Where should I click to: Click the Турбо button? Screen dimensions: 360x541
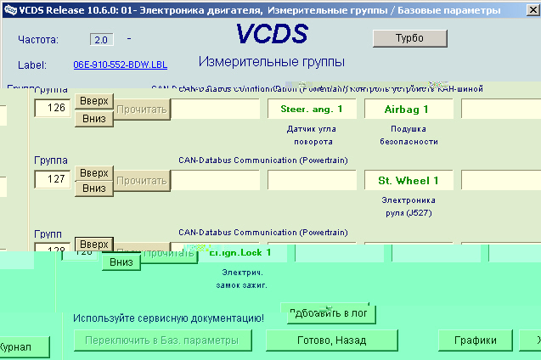pyautogui.click(x=409, y=38)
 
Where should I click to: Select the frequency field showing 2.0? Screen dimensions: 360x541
pyautogui.click(x=101, y=40)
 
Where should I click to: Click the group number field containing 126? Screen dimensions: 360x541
pyautogui.click(x=51, y=109)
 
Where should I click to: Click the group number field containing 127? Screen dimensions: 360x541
pyautogui.click(x=51, y=179)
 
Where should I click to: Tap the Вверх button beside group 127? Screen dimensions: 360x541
pyautogui.click(x=94, y=173)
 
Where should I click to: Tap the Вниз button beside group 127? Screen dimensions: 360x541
pyautogui.click(x=94, y=188)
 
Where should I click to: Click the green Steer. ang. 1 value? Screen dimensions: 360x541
pyautogui.click(x=312, y=109)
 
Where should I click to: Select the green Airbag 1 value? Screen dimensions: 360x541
pyautogui.click(x=409, y=109)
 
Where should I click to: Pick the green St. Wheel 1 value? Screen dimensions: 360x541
pyautogui.click(x=409, y=180)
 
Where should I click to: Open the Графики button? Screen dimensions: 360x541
pyautogui.click(x=474, y=340)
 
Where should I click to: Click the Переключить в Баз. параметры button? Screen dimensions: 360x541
pyautogui.click(x=161, y=340)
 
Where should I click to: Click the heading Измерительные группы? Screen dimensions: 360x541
pyautogui.click(x=272, y=62)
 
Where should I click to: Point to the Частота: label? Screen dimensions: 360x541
pyautogui.click(x=38, y=40)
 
